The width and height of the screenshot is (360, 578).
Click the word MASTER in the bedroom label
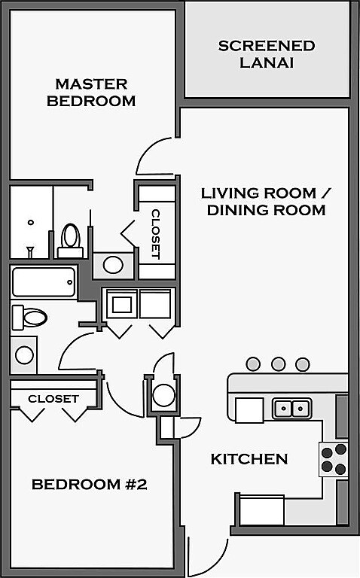pos(91,84)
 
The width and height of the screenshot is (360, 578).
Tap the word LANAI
pos(267,62)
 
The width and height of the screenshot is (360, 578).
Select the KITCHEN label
pos(249,459)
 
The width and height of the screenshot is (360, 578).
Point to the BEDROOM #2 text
pos(90,484)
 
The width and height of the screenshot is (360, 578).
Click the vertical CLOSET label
pos(156,234)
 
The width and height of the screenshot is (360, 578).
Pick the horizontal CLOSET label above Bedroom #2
pos(53,398)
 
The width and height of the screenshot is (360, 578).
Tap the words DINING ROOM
pos(267,210)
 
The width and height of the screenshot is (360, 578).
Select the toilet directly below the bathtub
pos(29,317)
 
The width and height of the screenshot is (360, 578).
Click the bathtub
pos(44,282)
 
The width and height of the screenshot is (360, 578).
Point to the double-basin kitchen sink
pos(292,409)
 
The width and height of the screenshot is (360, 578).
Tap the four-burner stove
pos(334,459)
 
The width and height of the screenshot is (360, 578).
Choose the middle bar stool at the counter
pos(278,364)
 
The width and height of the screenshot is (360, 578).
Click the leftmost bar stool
pos(253,364)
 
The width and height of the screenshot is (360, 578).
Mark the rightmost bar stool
pos(303,364)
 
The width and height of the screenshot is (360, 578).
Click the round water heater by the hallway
pos(163,395)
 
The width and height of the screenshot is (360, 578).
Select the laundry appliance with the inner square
pos(122,304)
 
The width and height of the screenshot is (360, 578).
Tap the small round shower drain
pos(31,222)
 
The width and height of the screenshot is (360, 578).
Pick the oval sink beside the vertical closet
pos(113,265)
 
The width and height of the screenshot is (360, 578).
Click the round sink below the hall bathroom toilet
pos(24,354)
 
